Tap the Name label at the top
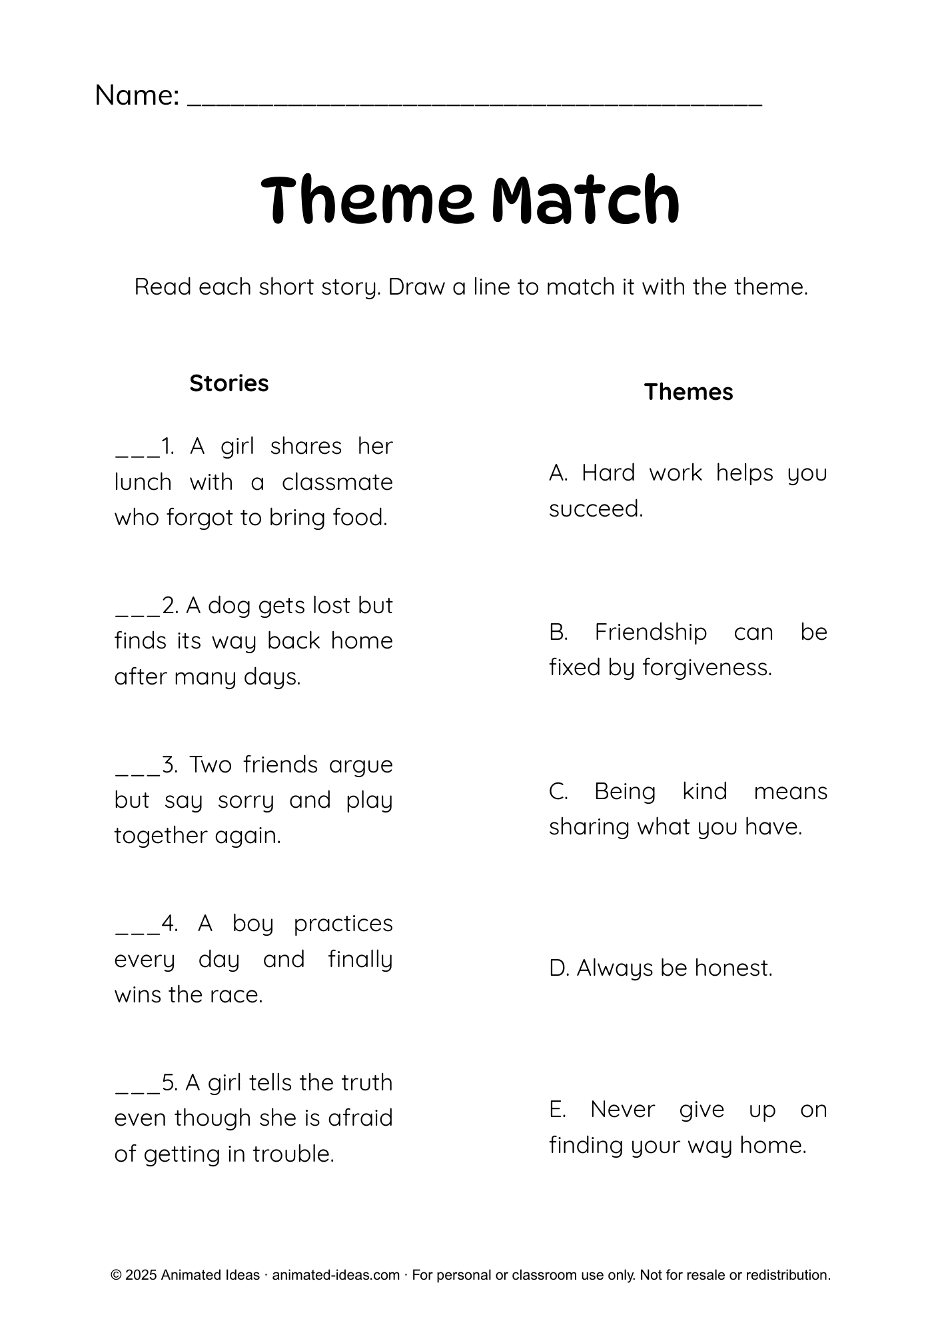137,95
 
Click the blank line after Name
474,100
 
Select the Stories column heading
229,383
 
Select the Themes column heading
688,392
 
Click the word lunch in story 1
143,482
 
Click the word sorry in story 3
246,800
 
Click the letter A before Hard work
558,473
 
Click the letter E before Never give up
557,1110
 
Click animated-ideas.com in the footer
335,1275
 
